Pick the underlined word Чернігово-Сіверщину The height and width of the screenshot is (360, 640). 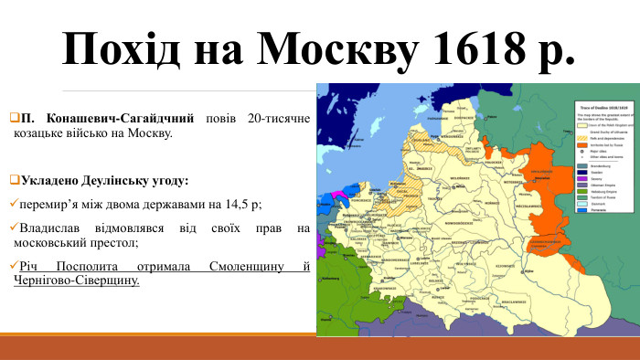click(78, 281)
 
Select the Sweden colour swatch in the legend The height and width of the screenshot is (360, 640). click(581, 172)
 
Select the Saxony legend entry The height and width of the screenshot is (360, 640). click(593, 179)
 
